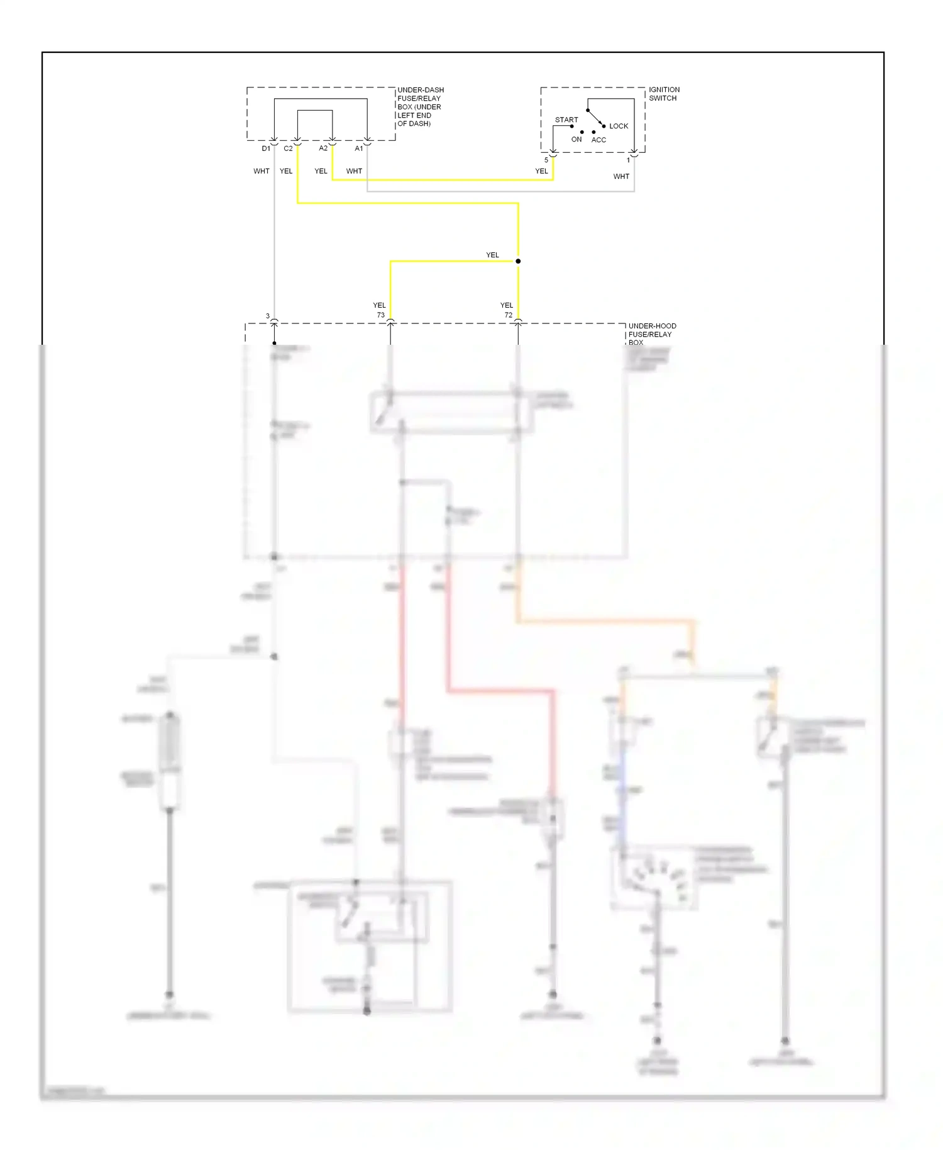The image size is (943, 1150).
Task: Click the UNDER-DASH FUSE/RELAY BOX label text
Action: click(x=420, y=106)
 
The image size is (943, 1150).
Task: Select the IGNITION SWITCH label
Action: click(x=664, y=94)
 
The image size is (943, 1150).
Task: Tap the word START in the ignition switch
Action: click(x=566, y=120)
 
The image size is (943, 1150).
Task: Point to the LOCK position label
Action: click(x=618, y=126)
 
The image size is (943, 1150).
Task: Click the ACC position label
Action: click(x=598, y=140)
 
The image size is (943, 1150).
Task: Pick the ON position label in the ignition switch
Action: click(x=576, y=139)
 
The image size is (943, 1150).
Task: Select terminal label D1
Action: click(x=266, y=148)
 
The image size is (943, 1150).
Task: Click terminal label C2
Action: click(x=288, y=148)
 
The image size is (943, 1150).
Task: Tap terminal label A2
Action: click(x=323, y=148)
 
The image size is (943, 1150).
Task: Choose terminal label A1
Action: click(x=358, y=148)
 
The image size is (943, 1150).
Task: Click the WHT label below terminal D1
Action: click(x=261, y=171)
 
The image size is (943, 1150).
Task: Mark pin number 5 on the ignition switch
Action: click(x=546, y=160)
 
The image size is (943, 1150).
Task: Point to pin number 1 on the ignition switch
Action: click(x=627, y=160)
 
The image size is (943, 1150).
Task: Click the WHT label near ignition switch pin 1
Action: click(x=620, y=176)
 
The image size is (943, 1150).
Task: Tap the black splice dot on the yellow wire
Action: click(x=517, y=261)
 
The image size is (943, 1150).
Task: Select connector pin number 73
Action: click(x=380, y=315)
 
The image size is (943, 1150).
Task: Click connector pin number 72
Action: click(x=508, y=315)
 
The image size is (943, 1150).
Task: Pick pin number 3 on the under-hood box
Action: click(x=267, y=316)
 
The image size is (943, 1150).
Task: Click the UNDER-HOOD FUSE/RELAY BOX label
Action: click(x=652, y=334)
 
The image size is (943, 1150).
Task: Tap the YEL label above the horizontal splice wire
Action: click(x=492, y=255)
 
